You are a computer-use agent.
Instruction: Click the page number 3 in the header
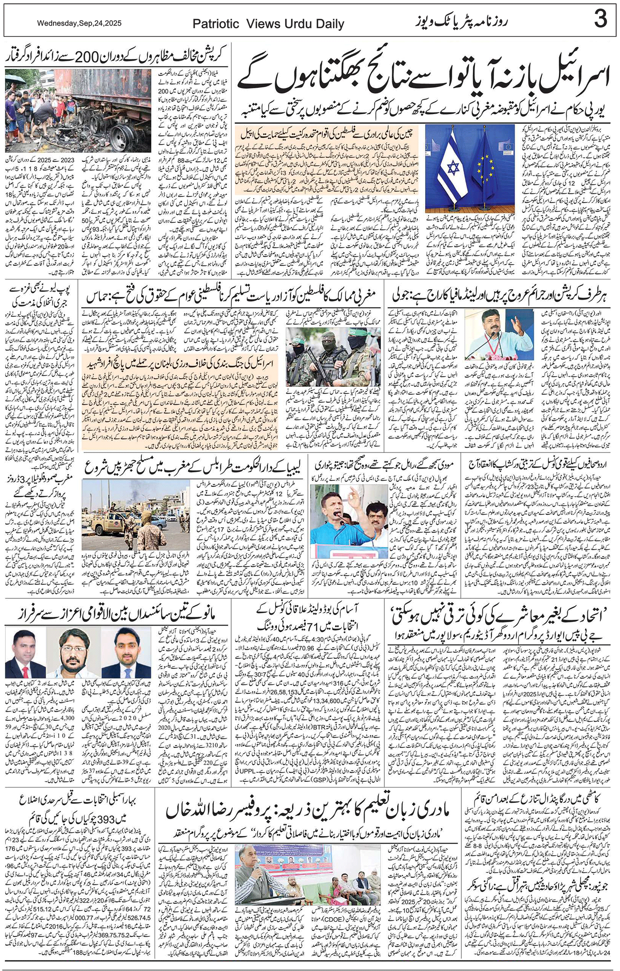(600, 19)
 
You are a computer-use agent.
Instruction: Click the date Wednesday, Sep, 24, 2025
(79, 23)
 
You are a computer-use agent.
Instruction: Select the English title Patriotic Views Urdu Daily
(268, 24)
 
